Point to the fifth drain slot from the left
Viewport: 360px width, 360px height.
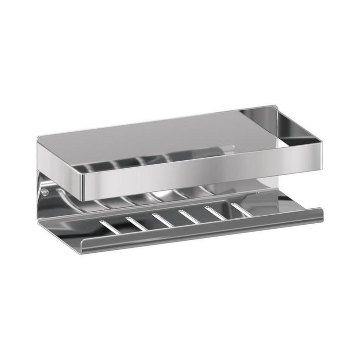[215, 212]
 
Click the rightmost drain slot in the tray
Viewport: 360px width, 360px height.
[240, 209]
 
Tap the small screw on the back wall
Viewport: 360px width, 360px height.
[44, 190]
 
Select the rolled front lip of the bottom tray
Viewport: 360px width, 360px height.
[198, 233]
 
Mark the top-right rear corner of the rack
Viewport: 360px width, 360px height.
[275, 106]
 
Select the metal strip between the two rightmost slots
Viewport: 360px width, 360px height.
[227, 211]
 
